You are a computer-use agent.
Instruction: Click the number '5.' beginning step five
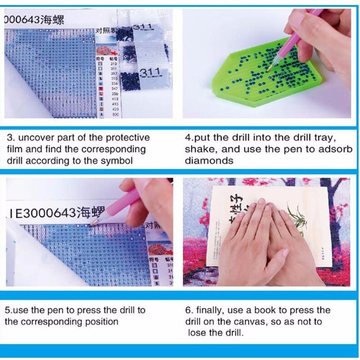click(x=9, y=310)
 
